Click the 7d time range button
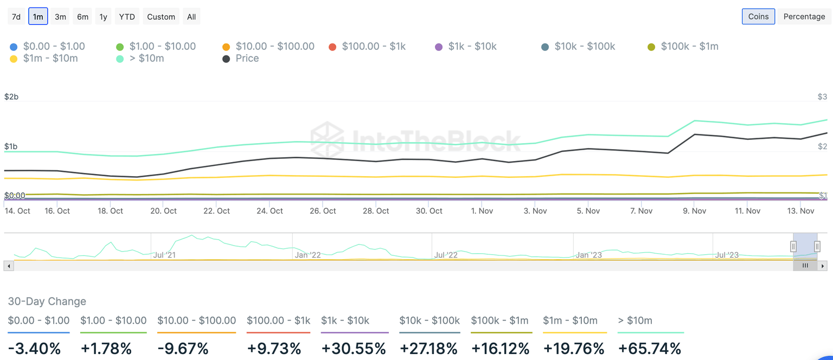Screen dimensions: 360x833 pyautogui.click(x=16, y=17)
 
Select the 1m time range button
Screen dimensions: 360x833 pyautogui.click(x=38, y=17)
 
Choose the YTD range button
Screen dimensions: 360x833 pyautogui.click(x=127, y=17)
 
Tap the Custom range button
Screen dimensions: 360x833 pyautogui.click(x=161, y=17)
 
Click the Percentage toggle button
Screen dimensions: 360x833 pyautogui.click(x=804, y=16)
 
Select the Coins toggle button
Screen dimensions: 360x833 pyautogui.click(x=758, y=16)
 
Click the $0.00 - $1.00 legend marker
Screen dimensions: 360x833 pyautogui.click(x=14, y=47)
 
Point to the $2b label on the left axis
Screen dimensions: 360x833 pyautogui.click(x=11, y=97)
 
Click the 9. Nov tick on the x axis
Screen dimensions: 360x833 pyautogui.click(x=694, y=211)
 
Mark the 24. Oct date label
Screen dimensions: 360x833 pyautogui.click(x=270, y=211)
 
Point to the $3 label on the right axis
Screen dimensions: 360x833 pyautogui.click(x=822, y=97)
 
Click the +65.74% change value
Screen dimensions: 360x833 pyautogui.click(x=649, y=348)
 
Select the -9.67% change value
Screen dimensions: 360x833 pyautogui.click(x=183, y=348)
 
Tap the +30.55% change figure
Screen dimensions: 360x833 pyautogui.click(x=354, y=348)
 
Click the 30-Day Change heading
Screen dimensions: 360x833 pyautogui.click(x=47, y=301)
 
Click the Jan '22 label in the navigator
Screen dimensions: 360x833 pyautogui.click(x=307, y=255)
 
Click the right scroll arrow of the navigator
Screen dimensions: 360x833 pyautogui.click(x=823, y=266)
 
